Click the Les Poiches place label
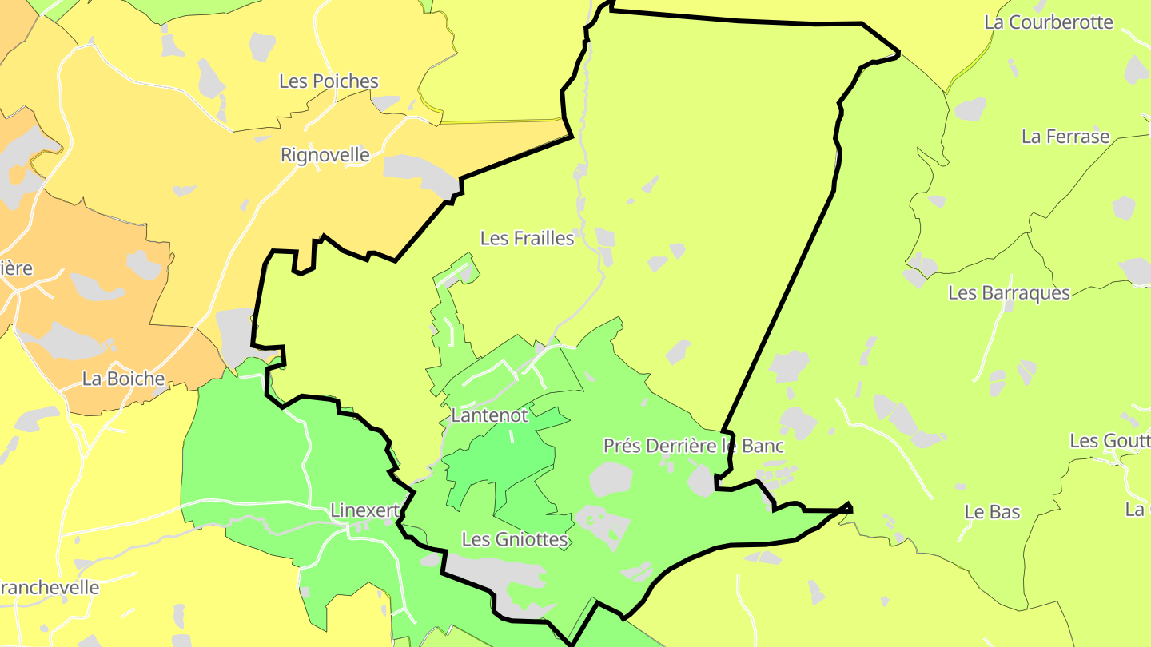tap(329, 81)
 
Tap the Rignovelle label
tap(325, 155)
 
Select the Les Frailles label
tap(527, 238)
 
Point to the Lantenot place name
tap(489, 415)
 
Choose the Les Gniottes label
tap(515, 540)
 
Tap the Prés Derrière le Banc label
tap(693, 446)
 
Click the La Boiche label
tap(123, 379)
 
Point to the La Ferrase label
tap(1065, 137)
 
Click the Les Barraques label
tap(1009, 293)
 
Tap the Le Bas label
tap(992, 512)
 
